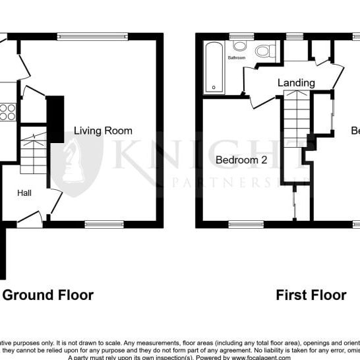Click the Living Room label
point(103,131)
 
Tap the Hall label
point(24,193)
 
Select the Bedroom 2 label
point(241,159)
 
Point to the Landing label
point(296,83)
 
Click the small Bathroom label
point(237,58)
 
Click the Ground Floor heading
point(48,295)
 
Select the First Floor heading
point(311,295)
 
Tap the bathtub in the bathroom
point(214,67)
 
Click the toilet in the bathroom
point(265,51)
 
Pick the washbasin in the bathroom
point(240,46)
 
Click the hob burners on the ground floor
point(7,112)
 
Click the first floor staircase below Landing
point(295,125)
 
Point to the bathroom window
point(242,36)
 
